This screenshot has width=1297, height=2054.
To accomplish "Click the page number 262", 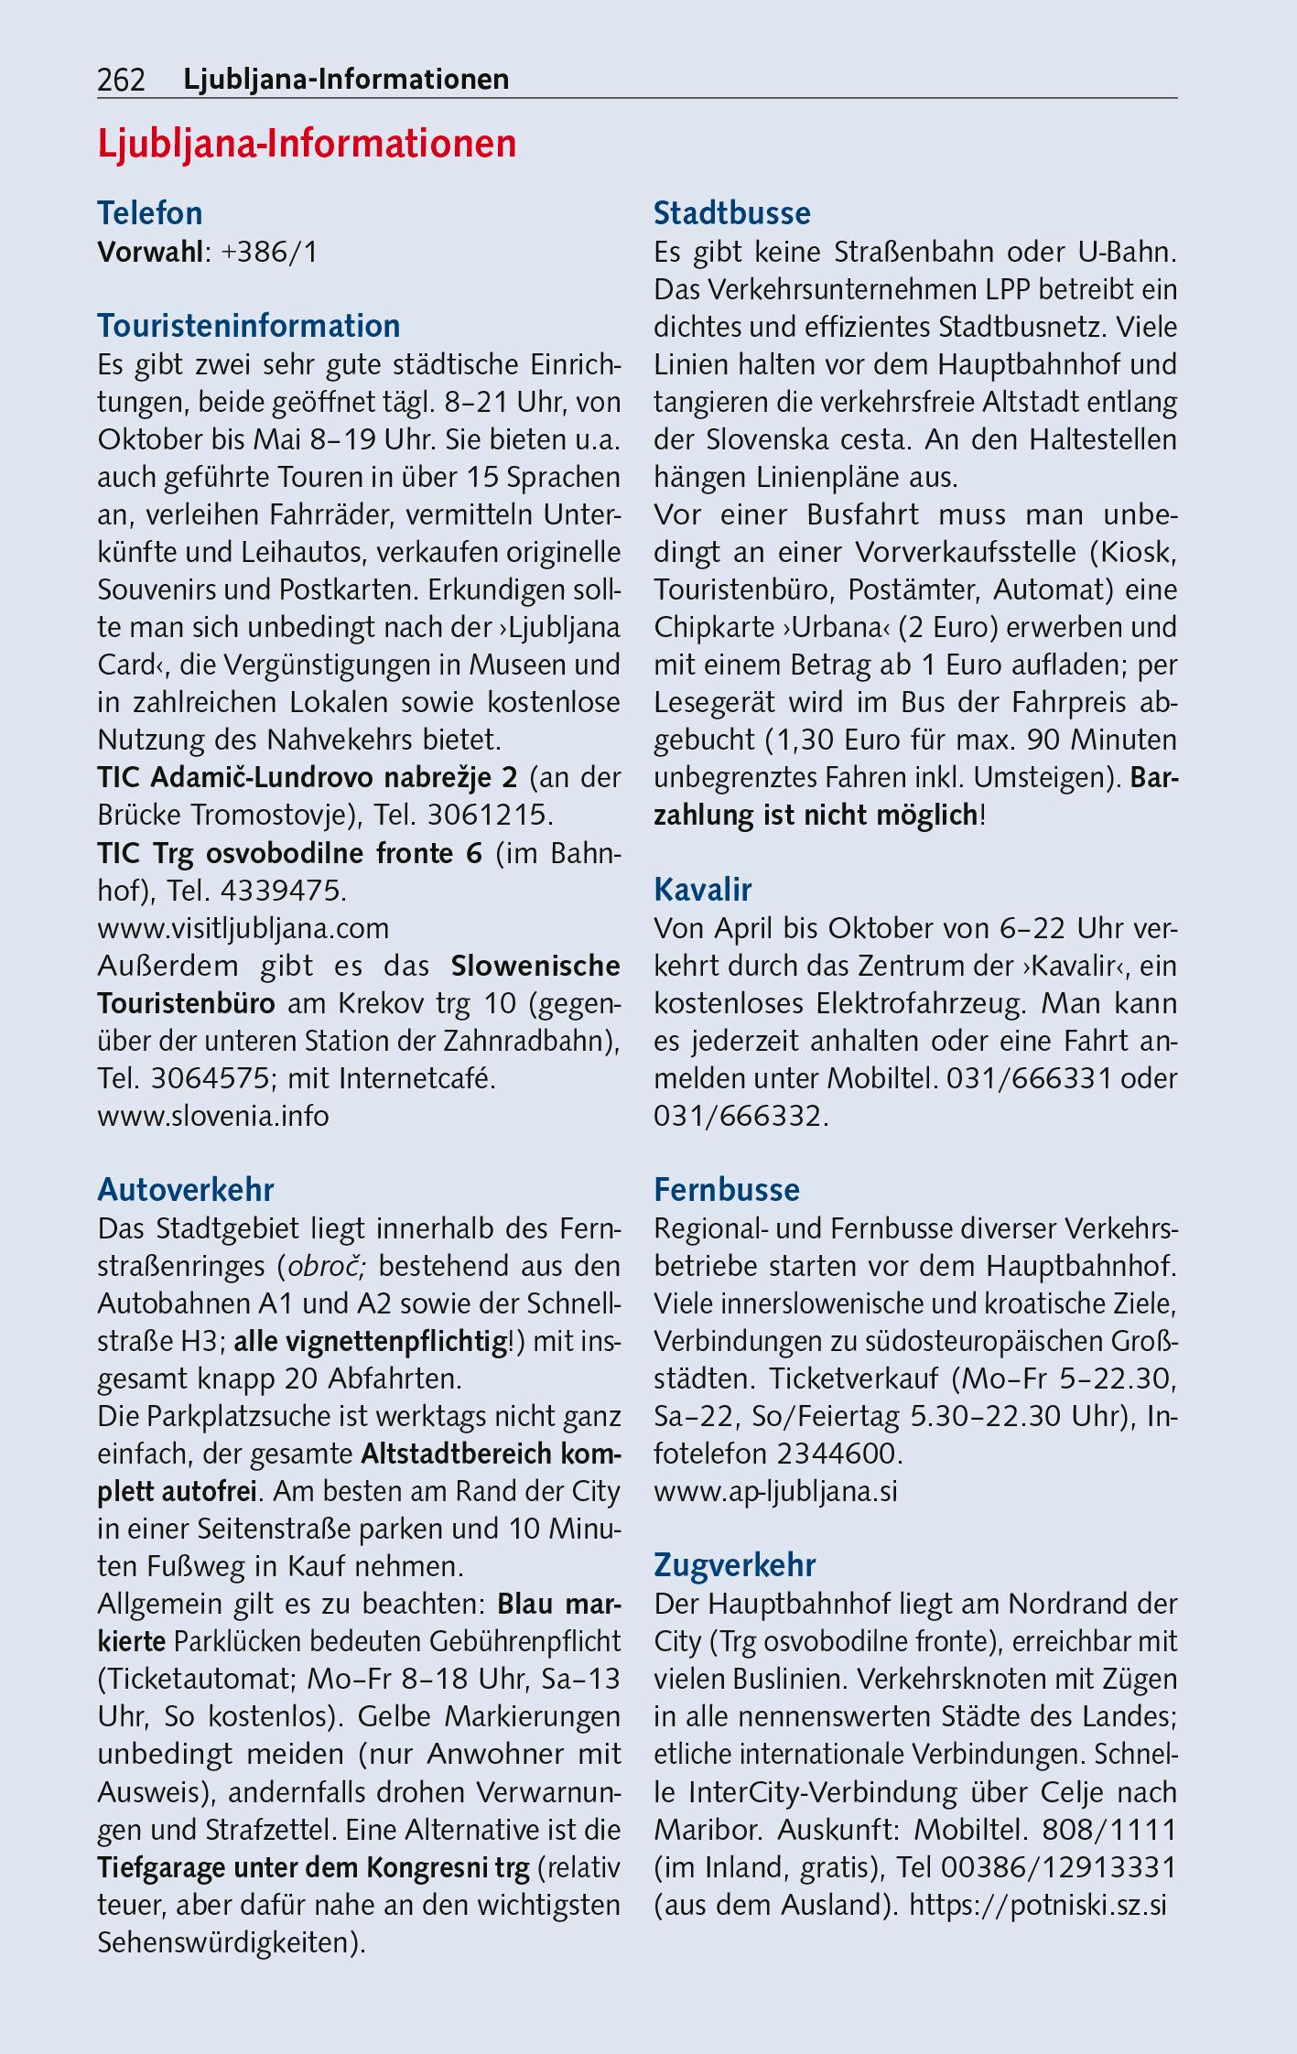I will [x=121, y=81].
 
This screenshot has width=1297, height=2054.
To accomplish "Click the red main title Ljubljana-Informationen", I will [x=307, y=145].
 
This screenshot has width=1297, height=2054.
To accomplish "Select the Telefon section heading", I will [x=150, y=213].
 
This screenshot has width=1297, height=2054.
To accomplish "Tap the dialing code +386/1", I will [x=269, y=252].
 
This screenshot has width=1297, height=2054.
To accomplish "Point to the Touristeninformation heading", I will [x=249, y=326].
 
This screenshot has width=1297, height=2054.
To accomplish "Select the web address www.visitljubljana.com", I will [x=243, y=928].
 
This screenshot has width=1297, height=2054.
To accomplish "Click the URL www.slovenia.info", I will [x=213, y=1117].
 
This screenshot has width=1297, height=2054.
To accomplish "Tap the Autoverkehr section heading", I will [x=186, y=1190].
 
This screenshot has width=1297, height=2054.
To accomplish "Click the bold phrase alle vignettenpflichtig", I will [x=371, y=1342].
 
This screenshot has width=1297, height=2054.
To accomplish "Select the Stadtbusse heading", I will [x=732, y=213].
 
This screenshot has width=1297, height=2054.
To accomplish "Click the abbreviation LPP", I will [x=1008, y=290].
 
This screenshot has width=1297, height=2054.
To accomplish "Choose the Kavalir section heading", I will [x=703, y=889].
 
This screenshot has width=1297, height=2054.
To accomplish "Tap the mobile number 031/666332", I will [x=740, y=1117].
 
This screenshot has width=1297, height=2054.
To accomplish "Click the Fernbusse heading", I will [x=727, y=1190].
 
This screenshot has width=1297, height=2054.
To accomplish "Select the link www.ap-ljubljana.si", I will [x=775, y=1492].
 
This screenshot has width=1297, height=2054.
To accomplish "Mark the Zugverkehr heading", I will [x=734, y=1566].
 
